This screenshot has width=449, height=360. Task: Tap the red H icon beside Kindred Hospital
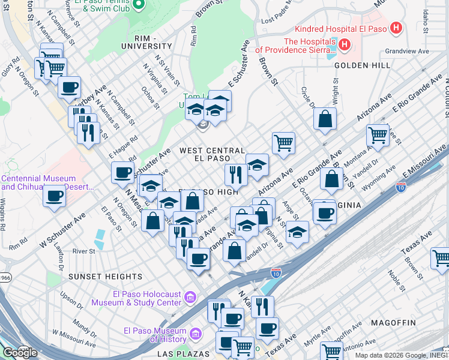[x=396, y=28]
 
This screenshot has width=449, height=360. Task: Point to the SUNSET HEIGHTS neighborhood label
[x=105, y=277]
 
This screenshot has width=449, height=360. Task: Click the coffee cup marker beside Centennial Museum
[x=55, y=195]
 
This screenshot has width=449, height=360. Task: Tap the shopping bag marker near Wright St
[x=325, y=118]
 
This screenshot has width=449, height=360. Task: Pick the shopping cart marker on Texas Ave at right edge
[x=441, y=258]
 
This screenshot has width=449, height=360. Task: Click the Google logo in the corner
[x=19, y=352]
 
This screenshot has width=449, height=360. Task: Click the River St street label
[x=83, y=251]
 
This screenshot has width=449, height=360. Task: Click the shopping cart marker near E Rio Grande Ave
[x=377, y=134]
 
